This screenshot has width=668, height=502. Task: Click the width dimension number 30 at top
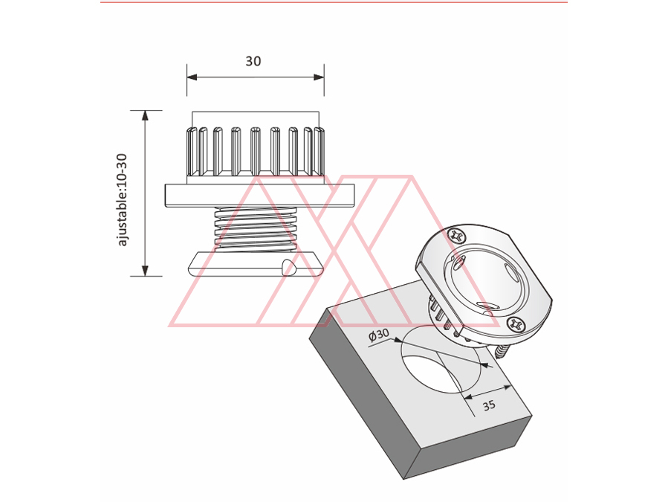(253, 62)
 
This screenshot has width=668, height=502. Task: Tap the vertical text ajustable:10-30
(123, 199)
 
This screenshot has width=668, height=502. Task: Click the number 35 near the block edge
(488, 405)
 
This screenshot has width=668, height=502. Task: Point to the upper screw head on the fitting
(456, 236)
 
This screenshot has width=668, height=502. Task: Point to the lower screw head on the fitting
(517, 324)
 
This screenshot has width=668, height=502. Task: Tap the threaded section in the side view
(256, 228)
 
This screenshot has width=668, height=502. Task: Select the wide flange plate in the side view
(259, 194)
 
